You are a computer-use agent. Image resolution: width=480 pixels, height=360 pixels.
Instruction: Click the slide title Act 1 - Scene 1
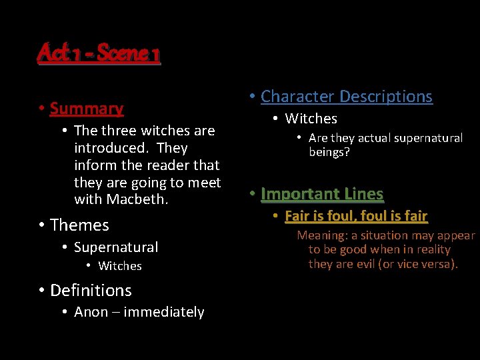(99, 53)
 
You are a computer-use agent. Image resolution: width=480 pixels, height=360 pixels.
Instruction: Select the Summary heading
(87, 109)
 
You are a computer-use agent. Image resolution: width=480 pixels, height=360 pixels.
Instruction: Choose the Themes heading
(79, 225)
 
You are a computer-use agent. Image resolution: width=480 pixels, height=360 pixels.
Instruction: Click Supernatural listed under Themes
(116, 247)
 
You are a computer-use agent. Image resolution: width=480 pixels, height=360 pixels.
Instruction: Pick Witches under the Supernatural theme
(120, 266)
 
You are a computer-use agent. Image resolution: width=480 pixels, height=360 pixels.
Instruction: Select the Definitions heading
(91, 291)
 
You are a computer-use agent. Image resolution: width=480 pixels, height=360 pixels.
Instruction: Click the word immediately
(164, 312)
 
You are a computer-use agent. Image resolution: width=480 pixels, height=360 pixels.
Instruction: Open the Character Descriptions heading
(347, 97)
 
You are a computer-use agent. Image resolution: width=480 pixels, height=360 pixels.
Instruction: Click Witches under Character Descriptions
(311, 119)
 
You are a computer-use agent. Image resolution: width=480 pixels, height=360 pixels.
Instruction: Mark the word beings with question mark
(329, 152)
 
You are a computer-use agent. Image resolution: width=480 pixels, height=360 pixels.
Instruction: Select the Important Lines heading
(322, 194)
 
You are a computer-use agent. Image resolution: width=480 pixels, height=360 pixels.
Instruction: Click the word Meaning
(322, 235)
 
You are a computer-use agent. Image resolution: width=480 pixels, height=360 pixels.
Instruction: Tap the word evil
(359, 264)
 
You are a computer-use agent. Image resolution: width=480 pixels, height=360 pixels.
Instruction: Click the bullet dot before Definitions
(41, 290)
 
